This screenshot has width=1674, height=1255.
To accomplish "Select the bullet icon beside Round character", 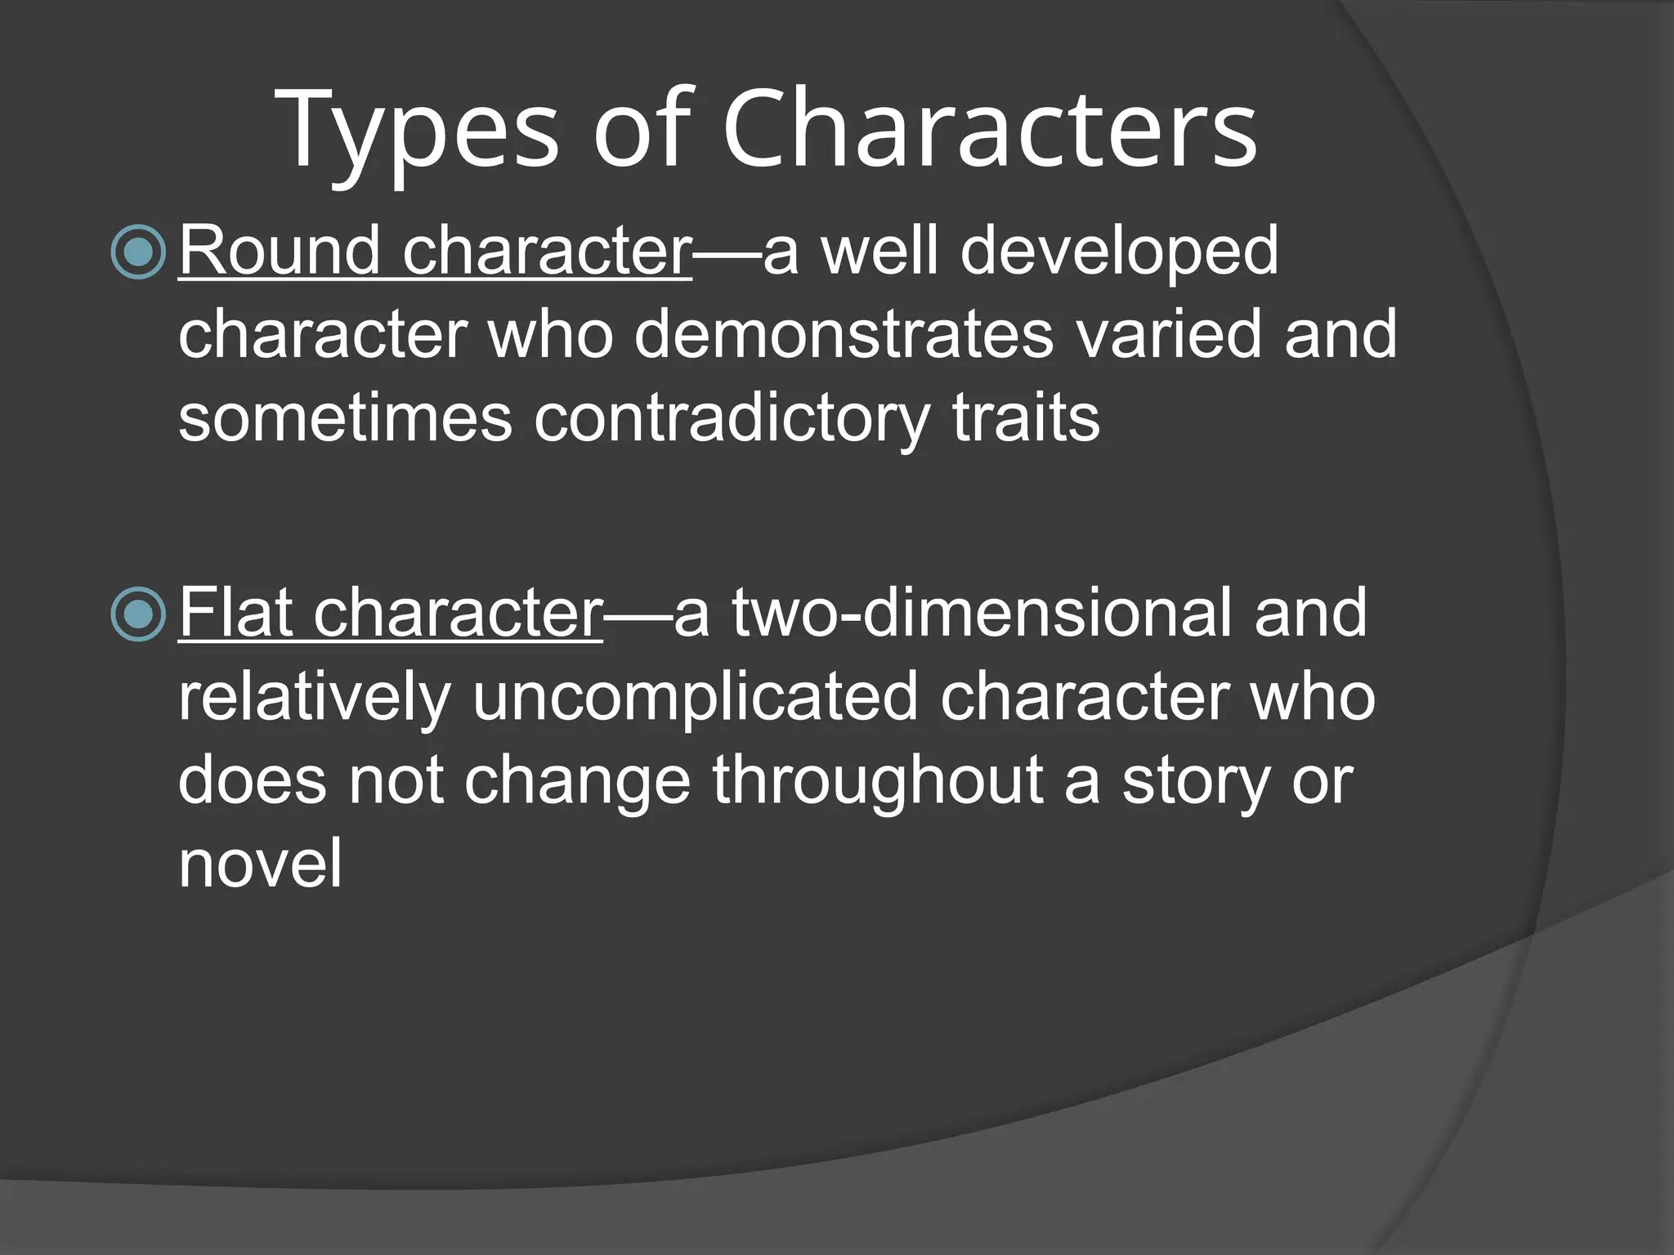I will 138,252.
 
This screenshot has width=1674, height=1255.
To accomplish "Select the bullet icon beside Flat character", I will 138,614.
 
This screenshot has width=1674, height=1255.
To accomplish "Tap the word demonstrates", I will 844,334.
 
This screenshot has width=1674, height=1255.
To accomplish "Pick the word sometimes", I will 345,418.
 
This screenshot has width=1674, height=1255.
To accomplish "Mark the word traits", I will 1026,418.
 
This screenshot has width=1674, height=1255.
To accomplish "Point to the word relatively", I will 315,699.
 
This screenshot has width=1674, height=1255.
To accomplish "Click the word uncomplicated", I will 696,699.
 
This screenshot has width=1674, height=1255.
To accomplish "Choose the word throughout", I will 877,782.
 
